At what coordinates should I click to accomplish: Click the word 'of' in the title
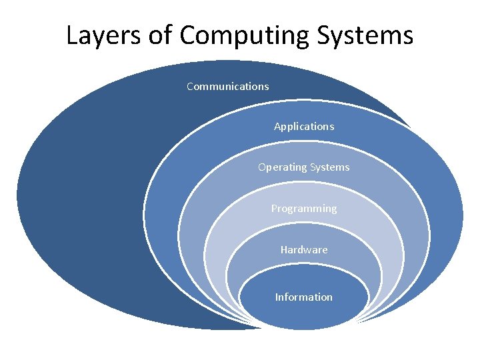click(x=160, y=35)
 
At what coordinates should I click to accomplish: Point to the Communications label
click(x=228, y=86)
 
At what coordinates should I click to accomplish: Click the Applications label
click(x=304, y=126)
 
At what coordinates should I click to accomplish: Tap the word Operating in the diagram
click(x=282, y=167)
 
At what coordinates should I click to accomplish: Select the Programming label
click(x=304, y=209)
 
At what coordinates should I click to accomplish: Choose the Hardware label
click(x=304, y=249)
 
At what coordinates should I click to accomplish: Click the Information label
click(x=304, y=297)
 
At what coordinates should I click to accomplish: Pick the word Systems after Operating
click(x=328, y=167)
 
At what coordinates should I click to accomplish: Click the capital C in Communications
click(x=190, y=86)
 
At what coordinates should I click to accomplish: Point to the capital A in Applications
click(x=277, y=126)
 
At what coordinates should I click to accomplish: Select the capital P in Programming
click(x=274, y=209)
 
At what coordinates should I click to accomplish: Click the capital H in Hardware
click(x=283, y=249)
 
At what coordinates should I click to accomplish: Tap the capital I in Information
click(x=277, y=297)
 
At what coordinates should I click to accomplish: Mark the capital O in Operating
click(x=262, y=167)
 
